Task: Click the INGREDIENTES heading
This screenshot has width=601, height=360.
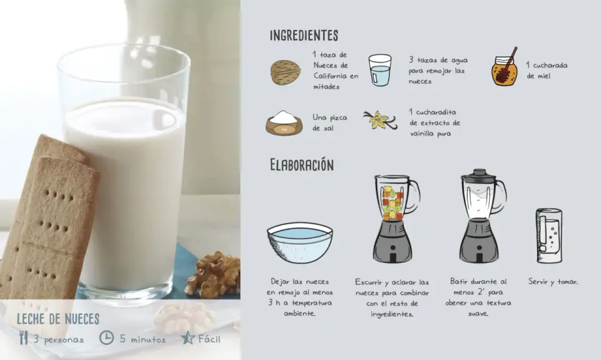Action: pyautogui.click(x=304, y=35)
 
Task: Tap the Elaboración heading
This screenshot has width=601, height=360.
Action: pyautogui.click(x=302, y=165)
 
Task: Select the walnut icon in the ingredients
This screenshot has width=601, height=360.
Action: pyautogui.click(x=285, y=72)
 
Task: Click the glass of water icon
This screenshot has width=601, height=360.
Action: pyautogui.click(x=380, y=69)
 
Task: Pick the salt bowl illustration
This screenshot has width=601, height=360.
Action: pyautogui.click(x=284, y=123)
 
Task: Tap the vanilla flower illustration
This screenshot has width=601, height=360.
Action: pyautogui.click(x=380, y=120)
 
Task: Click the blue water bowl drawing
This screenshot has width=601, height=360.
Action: pyautogui.click(x=300, y=243)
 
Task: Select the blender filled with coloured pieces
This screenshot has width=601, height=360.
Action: pyautogui.click(x=395, y=219)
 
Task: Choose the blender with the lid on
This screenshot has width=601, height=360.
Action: pyautogui.click(x=481, y=216)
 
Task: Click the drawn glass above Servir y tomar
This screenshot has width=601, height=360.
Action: pyautogui.click(x=549, y=236)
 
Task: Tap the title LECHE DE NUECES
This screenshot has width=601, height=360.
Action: pyautogui.click(x=58, y=319)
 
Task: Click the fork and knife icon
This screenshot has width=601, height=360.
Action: pyautogui.click(x=23, y=337)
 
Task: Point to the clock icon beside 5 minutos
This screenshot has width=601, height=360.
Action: pyautogui.click(x=106, y=337)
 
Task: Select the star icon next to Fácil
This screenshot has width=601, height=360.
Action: pyautogui.click(x=187, y=337)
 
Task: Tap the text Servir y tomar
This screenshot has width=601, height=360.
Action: pyautogui.click(x=553, y=282)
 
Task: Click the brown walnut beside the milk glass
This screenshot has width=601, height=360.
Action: pyautogui.click(x=213, y=275)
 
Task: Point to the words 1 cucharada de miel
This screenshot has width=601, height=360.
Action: pyautogui.click(x=547, y=71)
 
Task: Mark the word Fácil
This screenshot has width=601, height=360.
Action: pyautogui.click(x=209, y=339)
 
